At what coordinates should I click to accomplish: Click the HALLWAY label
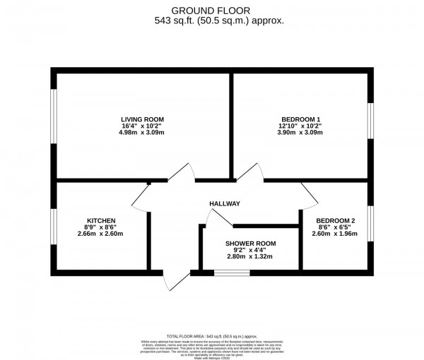coord(225,204)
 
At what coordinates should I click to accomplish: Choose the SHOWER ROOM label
coord(251,244)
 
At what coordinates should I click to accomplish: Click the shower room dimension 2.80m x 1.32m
coord(251,258)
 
